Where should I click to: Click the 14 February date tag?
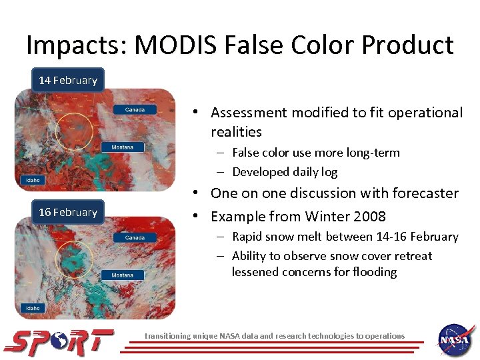pos(68,80)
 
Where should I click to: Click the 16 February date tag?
pos(68,212)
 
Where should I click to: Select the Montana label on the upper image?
pos(122,147)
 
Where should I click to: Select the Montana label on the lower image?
pos(122,275)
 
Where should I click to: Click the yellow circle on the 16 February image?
pos(73,258)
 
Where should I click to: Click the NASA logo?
pos(456,340)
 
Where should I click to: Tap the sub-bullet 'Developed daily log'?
pos(285,172)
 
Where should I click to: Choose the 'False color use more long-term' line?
pos(315,153)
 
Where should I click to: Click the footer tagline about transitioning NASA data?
pos(275,336)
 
